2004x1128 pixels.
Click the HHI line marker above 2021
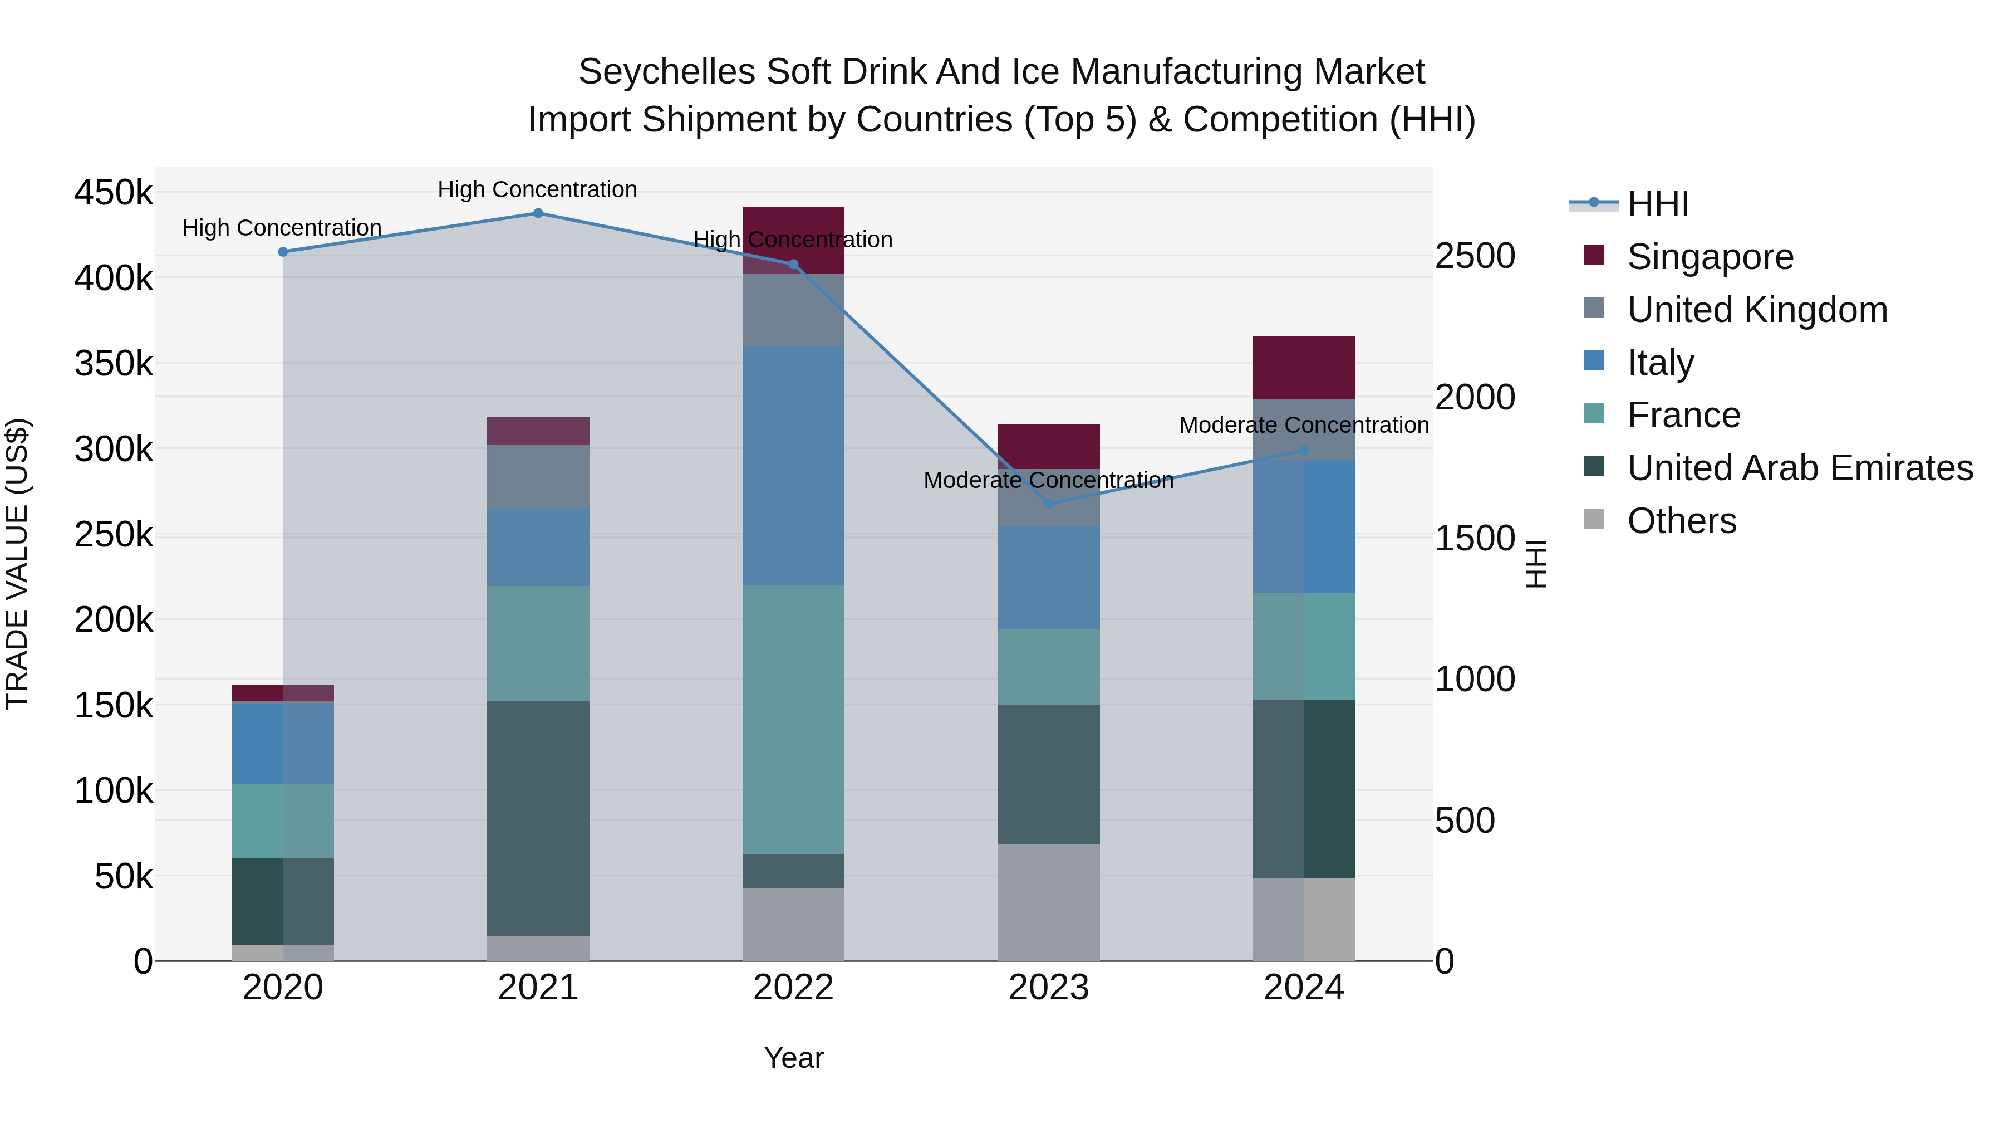tap(538, 213)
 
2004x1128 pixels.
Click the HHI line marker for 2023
tap(1049, 504)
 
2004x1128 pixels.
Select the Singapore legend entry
tap(1710, 257)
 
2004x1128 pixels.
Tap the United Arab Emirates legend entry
tap(1799, 468)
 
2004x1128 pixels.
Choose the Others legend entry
tap(1681, 521)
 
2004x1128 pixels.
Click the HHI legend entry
tap(1657, 204)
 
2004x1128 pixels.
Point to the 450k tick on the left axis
tap(114, 192)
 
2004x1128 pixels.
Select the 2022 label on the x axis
tap(793, 988)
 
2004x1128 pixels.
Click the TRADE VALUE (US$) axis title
tap(17, 564)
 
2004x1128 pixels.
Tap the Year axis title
tap(793, 1058)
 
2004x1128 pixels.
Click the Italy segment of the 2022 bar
tap(793, 465)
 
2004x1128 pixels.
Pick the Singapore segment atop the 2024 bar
tap(1304, 368)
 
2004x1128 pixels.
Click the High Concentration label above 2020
tap(282, 228)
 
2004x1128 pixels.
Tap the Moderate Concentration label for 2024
tap(1304, 425)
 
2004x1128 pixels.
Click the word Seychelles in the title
tap(667, 72)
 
